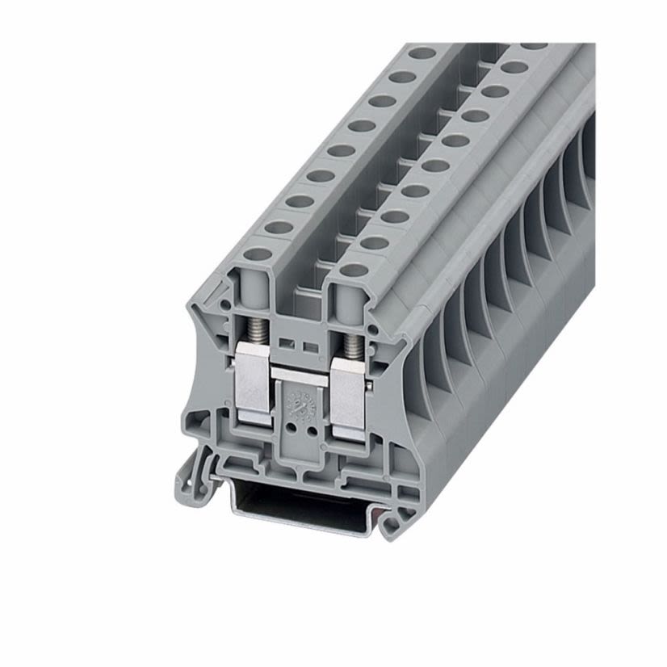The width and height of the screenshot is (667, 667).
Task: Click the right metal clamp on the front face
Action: pos(349,396)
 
